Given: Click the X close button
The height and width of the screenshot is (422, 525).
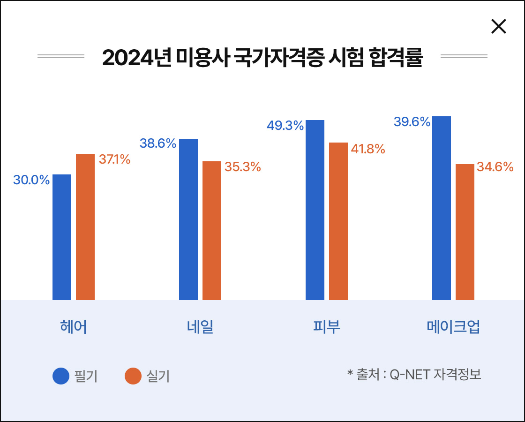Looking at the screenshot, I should (498, 26).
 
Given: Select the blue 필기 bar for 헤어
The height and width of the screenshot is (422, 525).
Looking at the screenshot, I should (62, 237).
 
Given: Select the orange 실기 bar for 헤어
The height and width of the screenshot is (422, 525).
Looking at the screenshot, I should (85, 226).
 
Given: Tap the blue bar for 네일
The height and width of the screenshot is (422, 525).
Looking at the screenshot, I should (188, 219).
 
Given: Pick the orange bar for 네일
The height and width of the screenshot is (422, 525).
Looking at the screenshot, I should (212, 230).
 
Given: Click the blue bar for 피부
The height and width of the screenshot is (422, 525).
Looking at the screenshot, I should (315, 210).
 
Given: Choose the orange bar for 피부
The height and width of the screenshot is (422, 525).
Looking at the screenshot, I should (338, 221).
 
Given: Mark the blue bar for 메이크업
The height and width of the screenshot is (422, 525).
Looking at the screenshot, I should (442, 208).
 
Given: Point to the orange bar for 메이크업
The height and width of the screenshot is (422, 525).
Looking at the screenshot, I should (465, 232).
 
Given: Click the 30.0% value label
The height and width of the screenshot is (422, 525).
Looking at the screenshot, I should (31, 180).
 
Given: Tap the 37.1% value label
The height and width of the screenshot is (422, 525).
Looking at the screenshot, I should (114, 159).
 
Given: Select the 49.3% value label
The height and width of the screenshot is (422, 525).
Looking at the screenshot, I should (285, 126).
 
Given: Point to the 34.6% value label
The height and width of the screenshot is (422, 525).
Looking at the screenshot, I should (495, 166).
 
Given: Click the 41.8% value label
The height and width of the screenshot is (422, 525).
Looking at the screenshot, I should (368, 149).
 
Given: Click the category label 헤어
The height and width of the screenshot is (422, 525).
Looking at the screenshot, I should (74, 327).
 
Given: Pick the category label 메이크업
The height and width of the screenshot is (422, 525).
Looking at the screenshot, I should (453, 327).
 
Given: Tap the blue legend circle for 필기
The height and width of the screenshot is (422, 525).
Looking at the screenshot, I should (61, 376).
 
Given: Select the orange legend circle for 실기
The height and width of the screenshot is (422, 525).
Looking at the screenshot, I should (133, 376).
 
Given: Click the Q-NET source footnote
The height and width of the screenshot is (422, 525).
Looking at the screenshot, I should (414, 375).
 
